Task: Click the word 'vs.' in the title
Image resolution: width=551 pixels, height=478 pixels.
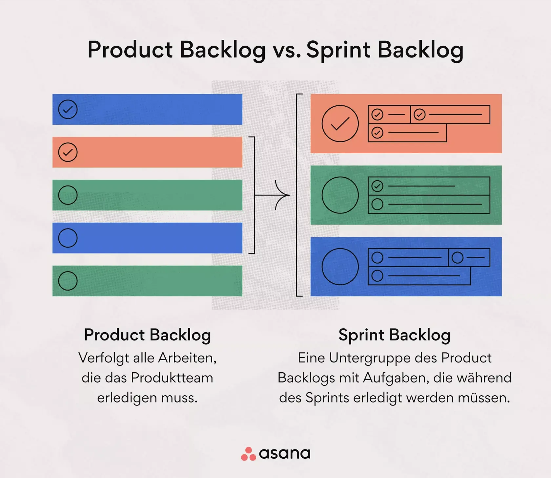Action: [x=286, y=50]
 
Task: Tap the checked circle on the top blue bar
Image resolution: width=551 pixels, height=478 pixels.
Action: [x=68, y=109]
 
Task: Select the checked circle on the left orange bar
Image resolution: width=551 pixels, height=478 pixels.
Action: [x=68, y=152]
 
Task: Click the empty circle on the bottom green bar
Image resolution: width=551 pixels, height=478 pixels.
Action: [x=68, y=281]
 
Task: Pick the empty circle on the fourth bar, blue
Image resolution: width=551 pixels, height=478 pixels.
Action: [x=68, y=238]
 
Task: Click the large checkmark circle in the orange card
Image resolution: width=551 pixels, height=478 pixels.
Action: [x=340, y=124]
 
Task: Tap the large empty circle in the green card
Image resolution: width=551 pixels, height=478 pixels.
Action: [x=340, y=195]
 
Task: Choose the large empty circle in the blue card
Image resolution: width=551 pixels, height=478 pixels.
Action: [x=340, y=267]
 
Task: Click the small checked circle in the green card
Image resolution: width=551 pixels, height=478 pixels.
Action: [x=377, y=186]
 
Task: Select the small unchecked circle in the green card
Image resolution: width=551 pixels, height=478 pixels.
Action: [x=377, y=204]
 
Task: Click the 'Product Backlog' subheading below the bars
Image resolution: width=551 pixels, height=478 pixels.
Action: [x=147, y=335]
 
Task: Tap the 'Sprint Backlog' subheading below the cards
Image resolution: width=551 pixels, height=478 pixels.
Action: [x=394, y=335]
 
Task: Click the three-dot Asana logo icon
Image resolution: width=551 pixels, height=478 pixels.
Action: [x=248, y=454]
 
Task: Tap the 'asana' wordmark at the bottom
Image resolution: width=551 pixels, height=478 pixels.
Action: [x=284, y=454]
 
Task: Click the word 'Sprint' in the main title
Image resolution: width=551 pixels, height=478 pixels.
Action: [x=338, y=50]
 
